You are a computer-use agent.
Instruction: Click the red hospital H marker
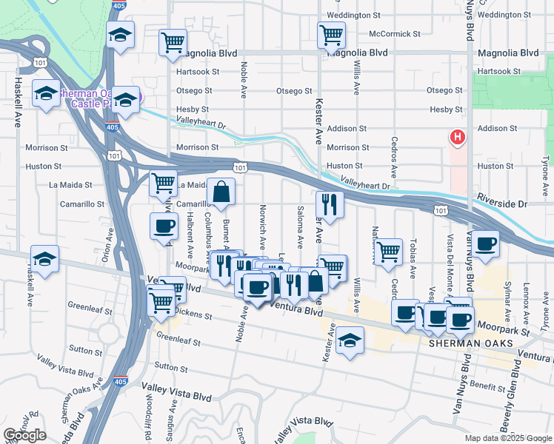point(458,137)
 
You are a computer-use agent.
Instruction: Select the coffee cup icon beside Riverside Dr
point(486,244)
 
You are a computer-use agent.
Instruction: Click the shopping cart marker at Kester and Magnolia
point(331,34)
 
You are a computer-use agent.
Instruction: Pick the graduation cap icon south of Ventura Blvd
point(350,341)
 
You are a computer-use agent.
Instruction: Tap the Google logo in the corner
point(24,435)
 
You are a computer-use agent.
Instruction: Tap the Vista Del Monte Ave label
point(449,255)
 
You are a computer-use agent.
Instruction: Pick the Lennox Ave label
point(527,295)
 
